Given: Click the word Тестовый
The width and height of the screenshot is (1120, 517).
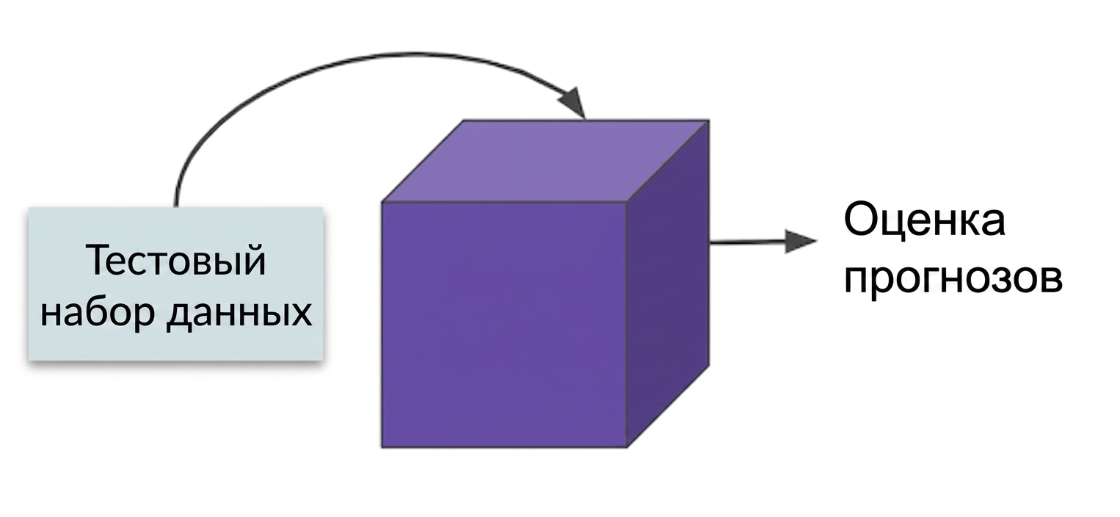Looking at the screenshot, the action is (176, 260).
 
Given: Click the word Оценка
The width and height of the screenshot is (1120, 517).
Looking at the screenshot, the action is (925, 221).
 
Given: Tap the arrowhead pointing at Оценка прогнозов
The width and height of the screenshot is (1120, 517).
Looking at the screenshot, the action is (801, 241).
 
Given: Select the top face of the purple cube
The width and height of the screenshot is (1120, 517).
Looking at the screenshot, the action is (545, 161).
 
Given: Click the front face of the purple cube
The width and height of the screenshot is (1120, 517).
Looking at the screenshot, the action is (504, 325).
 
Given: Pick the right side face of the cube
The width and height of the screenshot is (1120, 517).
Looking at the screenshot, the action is (669, 283).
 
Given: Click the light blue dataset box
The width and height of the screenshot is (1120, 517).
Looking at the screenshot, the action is (176, 283).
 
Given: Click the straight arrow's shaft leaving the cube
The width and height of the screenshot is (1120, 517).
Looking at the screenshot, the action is (747, 242).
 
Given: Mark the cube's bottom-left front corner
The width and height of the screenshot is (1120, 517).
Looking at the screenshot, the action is (382, 447).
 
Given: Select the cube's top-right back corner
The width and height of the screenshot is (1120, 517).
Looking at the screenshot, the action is (709, 120).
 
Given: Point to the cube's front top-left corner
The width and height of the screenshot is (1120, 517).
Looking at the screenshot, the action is (382, 202).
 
